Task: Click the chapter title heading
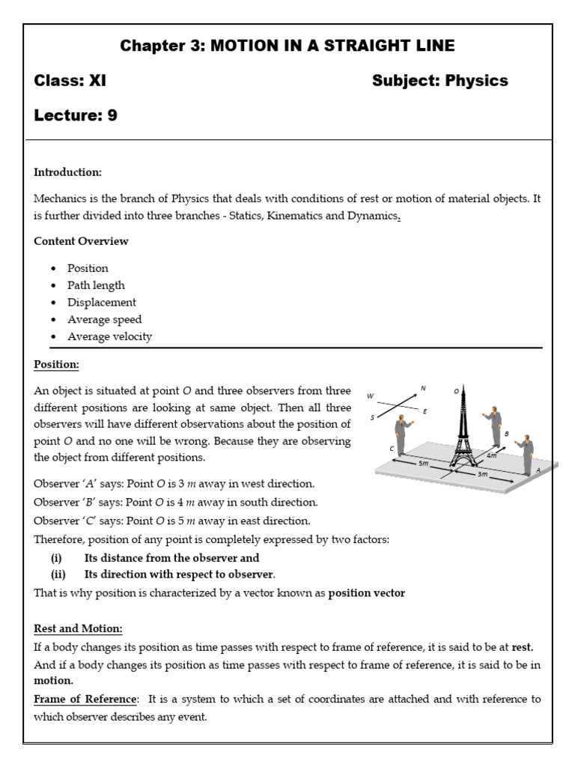click(287, 46)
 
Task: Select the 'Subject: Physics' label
click(439, 81)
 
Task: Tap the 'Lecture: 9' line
click(76, 115)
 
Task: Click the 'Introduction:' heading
click(67, 172)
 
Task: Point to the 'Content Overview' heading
click(81, 241)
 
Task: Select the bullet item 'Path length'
click(96, 285)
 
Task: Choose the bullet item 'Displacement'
click(102, 303)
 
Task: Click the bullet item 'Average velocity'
click(109, 337)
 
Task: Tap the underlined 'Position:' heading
click(56, 365)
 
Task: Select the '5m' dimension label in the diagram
click(424, 464)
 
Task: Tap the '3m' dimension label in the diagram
click(483, 474)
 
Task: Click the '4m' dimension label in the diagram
click(490, 454)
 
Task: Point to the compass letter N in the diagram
click(423, 388)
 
